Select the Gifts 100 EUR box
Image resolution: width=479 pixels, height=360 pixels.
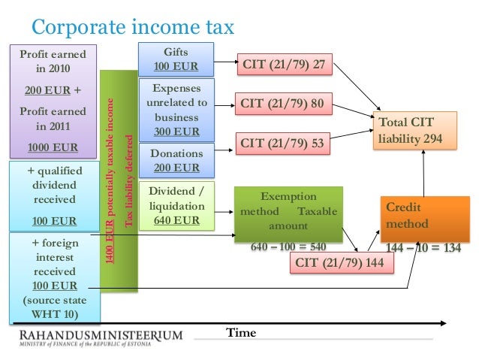(176, 59)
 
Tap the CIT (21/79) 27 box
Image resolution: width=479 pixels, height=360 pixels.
(284, 65)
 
